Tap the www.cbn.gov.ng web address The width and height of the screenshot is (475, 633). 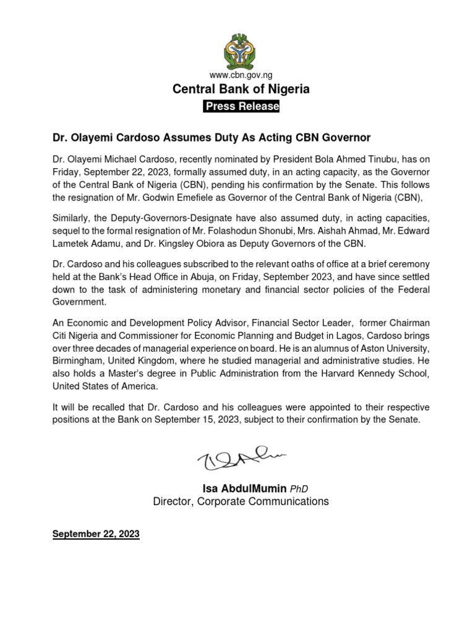tap(241, 75)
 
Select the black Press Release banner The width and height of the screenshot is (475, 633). tap(241, 106)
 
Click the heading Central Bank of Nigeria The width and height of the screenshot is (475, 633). tap(241, 90)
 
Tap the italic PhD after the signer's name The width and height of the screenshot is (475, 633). tap(299, 490)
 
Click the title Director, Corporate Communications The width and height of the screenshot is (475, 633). tap(241, 501)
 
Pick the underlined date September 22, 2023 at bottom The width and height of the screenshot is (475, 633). tap(96, 533)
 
